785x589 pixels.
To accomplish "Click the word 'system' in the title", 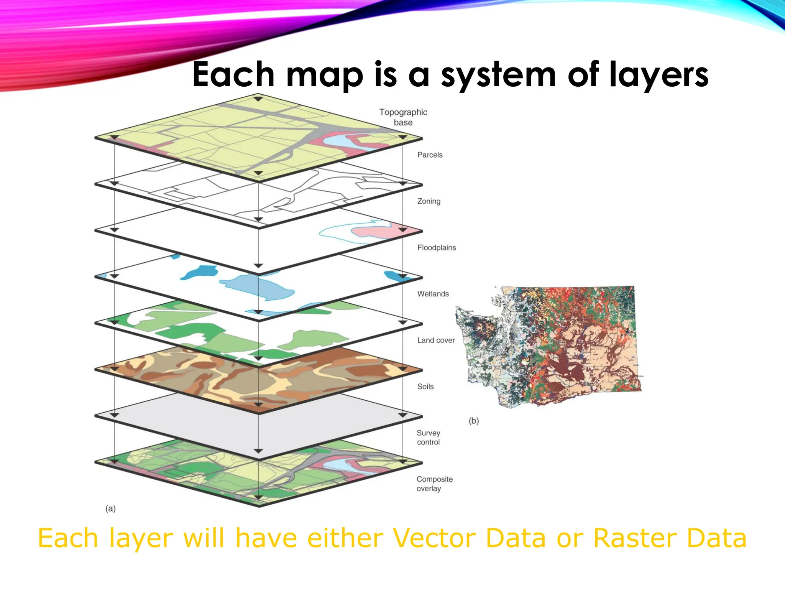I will (498, 75).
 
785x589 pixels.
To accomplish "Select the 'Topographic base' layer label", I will (403, 117).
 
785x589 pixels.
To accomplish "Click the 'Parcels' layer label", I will (430, 155).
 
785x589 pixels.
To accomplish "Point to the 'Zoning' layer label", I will (429, 201).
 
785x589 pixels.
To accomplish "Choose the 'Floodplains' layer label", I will (437, 248).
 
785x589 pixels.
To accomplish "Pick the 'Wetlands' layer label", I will (433, 294).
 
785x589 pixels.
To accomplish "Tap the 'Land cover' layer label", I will (436, 341).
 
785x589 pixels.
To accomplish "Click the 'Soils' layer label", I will (425, 387).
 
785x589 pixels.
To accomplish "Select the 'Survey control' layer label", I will (428, 438).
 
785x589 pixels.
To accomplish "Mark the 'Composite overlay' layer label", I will (434, 484).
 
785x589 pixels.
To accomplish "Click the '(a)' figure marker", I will (110, 509).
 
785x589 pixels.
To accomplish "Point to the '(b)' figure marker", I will (474, 421).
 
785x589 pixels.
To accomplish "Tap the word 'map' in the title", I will (324, 75).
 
